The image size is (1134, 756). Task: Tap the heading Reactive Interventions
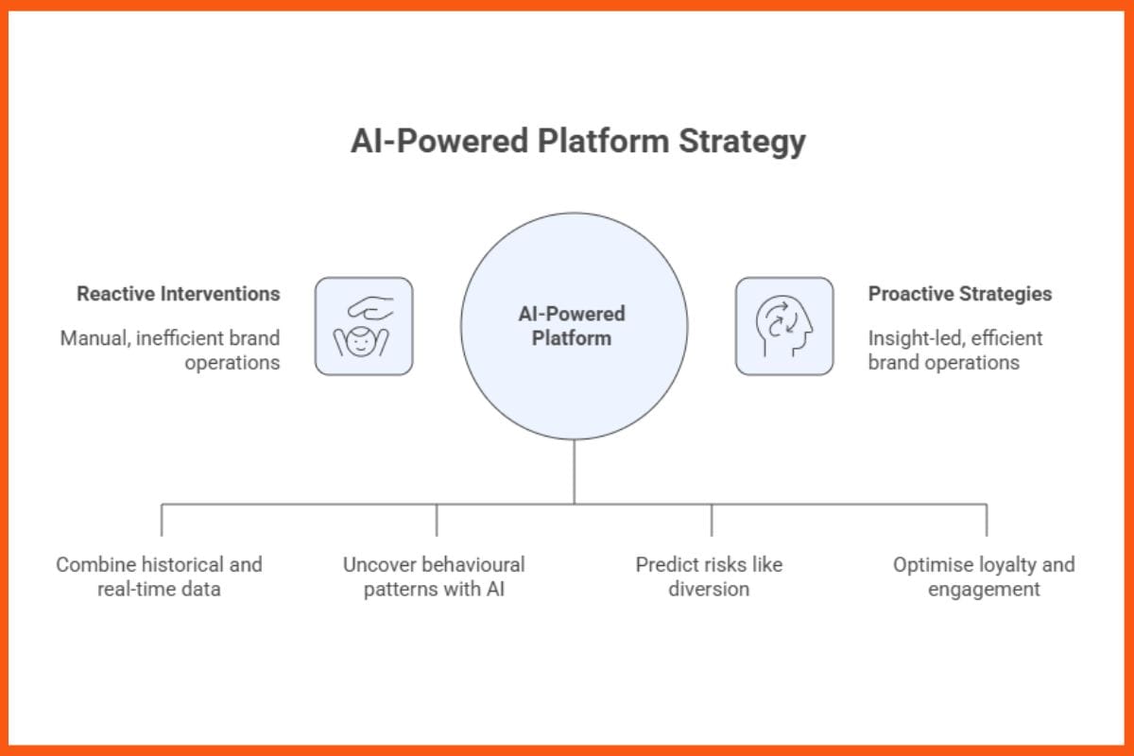click(x=179, y=294)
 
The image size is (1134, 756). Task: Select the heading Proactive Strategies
click(x=959, y=294)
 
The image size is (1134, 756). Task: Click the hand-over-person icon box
click(x=364, y=326)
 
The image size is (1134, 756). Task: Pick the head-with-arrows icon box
click(x=784, y=326)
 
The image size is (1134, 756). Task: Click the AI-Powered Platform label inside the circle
click(x=571, y=326)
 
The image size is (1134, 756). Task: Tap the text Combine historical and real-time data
click(x=159, y=576)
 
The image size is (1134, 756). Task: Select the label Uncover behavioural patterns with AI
click(x=434, y=576)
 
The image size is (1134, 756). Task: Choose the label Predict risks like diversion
click(x=709, y=576)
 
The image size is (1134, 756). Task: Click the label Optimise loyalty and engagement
click(x=984, y=576)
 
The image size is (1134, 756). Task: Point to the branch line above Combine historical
click(x=162, y=520)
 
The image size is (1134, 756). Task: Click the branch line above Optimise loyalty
click(x=987, y=520)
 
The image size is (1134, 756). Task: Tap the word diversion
click(x=709, y=590)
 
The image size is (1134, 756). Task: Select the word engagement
click(x=984, y=590)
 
